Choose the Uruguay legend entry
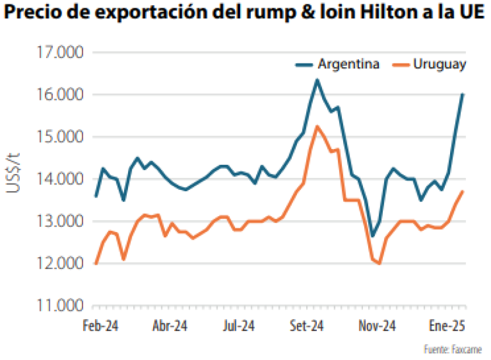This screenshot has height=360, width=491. coord(439,64)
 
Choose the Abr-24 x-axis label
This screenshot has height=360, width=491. coord(170,326)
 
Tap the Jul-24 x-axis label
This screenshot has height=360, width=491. coord(238,326)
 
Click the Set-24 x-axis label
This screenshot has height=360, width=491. coord(307,326)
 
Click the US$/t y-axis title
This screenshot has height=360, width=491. coord(16,174)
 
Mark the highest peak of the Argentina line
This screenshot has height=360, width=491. coord(317,79)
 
